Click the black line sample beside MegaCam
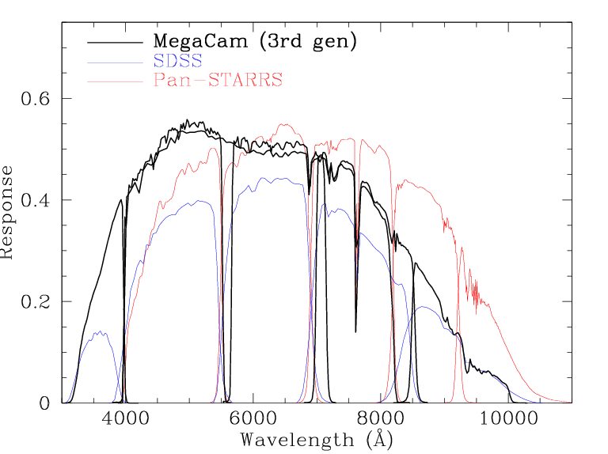point(114,41)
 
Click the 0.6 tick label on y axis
point(33,99)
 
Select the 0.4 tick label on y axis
point(33,200)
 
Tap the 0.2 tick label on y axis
point(33,302)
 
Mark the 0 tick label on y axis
point(44,403)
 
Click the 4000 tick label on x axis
point(123,420)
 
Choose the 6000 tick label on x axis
point(251,420)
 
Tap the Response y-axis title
point(8,212)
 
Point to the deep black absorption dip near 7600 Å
point(355,331)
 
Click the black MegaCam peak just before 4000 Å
point(121,200)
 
